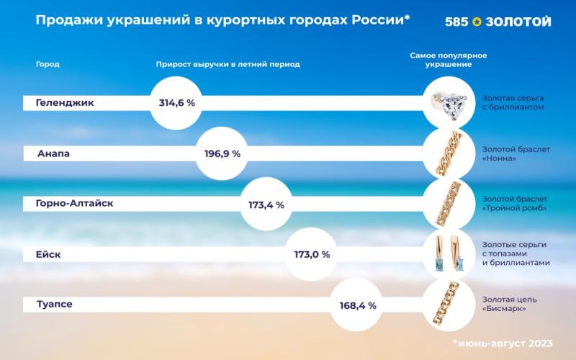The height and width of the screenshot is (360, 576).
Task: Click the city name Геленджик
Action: pyautogui.click(x=65, y=103)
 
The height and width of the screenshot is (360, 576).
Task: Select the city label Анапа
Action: pyautogui.click(x=54, y=153)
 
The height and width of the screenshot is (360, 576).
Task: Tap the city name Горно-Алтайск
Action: pyautogui.click(x=74, y=204)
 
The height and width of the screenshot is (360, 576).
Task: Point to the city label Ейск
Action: pyautogui.click(x=49, y=254)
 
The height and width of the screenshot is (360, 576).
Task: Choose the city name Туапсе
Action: pyautogui.click(x=55, y=305)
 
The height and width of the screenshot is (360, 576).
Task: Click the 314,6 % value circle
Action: pyautogui.click(x=177, y=103)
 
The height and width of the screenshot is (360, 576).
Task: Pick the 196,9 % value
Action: pyautogui.click(x=222, y=153)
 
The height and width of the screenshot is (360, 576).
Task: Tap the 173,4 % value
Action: pyautogui.click(x=266, y=204)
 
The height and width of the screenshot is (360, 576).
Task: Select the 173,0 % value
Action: pyautogui.click(x=312, y=254)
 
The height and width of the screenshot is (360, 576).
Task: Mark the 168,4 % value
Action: pyautogui.click(x=358, y=305)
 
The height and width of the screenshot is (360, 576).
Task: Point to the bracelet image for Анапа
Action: pyautogui.click(x=451, y=153)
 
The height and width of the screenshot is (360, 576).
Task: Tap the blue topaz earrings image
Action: pyautogui.click(x=451, y=254)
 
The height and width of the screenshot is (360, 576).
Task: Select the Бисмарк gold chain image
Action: pyautogui.click(x=451, y=305)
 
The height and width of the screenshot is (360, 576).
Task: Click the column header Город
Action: pyautogui.click(x=48, y=64)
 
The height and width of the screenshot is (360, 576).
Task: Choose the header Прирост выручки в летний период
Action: pyautogui.click(x=228, y=64)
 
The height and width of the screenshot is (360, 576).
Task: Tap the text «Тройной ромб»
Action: pyautogui.click(x=513, y=209)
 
